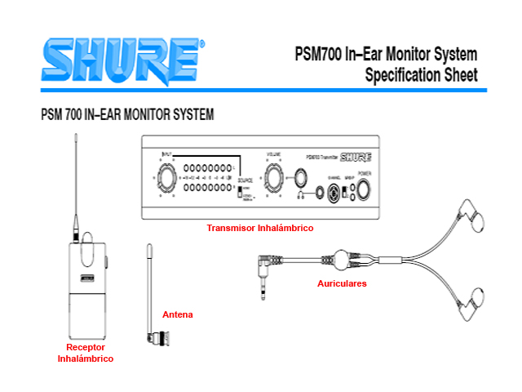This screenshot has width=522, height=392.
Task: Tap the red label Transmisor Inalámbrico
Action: click(259, 228)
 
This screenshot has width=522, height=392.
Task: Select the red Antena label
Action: click(178, 314)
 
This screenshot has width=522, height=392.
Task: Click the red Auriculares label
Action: click(342, 283)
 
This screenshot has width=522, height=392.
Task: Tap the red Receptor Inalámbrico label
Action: click(85, 353)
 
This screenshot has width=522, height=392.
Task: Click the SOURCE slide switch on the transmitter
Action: click(242, 189)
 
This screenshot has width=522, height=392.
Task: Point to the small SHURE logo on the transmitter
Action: click(356, 158)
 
